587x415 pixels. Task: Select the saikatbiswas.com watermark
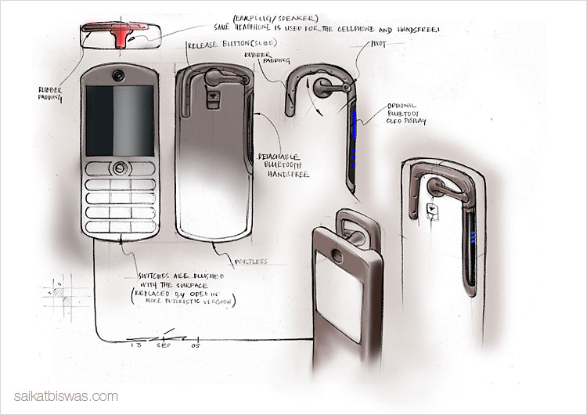tap(67, 396)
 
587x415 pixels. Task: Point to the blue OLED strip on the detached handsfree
tap(355, 137)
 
